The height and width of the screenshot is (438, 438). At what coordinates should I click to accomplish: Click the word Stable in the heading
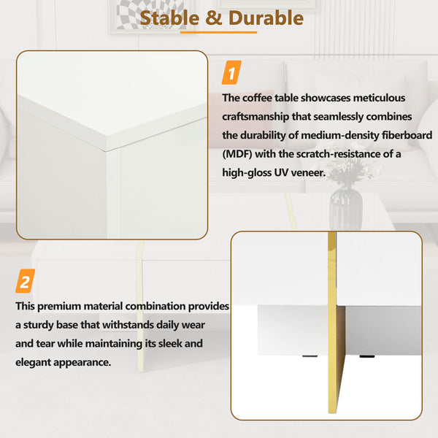[167, 17]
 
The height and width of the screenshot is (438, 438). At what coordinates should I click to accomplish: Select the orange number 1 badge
[231, 74]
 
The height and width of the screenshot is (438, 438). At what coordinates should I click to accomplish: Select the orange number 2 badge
[26, 281]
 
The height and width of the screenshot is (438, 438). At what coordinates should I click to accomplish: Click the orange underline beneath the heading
[219, 32]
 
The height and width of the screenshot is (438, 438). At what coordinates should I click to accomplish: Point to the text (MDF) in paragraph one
[239, 154]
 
